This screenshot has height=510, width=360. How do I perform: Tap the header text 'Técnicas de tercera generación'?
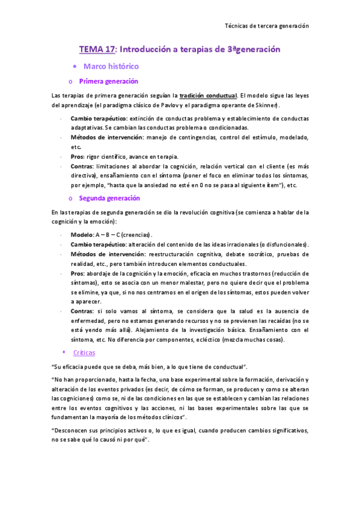tap(266, 26)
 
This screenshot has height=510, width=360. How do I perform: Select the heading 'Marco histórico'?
tap(111, 66)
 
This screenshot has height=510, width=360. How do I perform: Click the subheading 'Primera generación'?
tap(109, 81)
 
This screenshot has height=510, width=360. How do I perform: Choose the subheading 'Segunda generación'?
tap(109, 198)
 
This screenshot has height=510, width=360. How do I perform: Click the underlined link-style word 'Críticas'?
tap(84, 352)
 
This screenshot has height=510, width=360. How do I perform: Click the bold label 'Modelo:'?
tap(82, 234)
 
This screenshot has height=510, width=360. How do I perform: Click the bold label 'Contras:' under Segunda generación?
tap(82, 311)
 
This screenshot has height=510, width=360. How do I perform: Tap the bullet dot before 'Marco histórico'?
tap(73, 66)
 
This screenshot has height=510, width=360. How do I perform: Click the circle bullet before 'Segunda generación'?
tap(71, 198)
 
